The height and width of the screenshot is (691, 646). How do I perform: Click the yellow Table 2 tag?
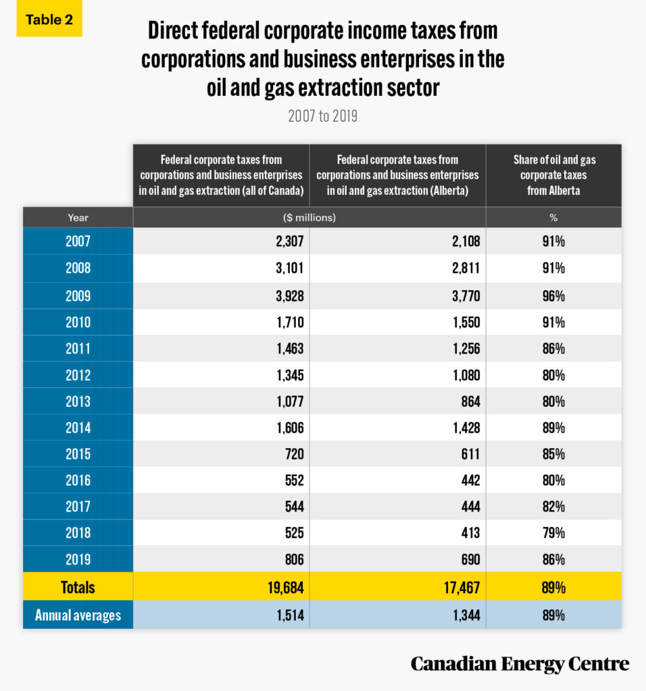[49, 19]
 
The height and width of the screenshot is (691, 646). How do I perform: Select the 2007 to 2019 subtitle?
[322, 116]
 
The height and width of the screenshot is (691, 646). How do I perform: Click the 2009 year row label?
[78, 296]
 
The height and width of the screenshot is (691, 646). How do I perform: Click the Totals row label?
[78, 587]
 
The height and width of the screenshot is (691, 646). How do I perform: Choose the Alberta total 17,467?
[459, 587]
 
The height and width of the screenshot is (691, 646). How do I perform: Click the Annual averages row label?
[78, 615]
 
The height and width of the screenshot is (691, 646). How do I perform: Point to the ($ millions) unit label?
[309, 217]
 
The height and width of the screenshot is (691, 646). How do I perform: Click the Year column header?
[78, 217]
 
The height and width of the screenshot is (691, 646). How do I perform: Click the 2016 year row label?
[78, 480]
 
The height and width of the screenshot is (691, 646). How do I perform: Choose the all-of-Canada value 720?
[294, 454]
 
